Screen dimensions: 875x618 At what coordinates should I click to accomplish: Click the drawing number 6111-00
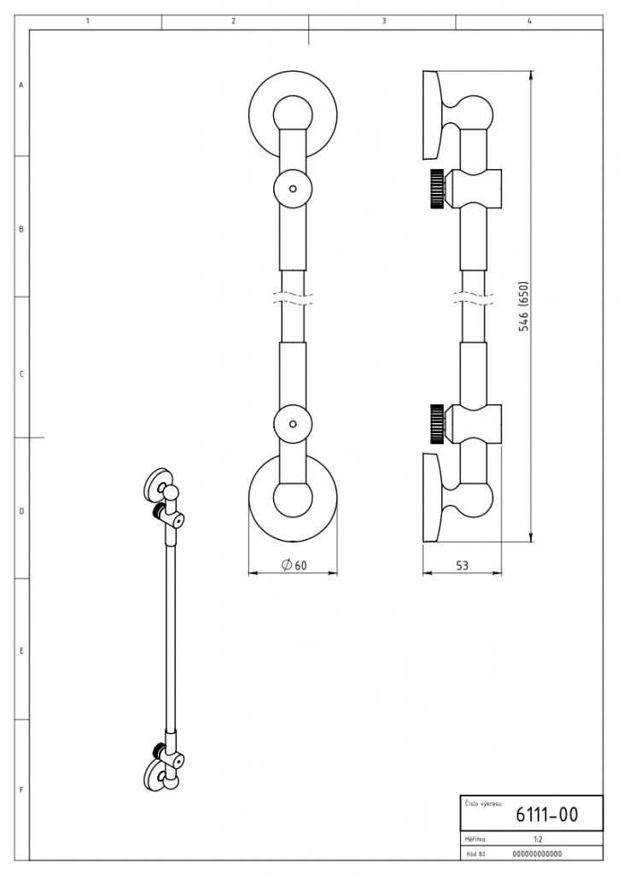pyautogui.click(x=546, y=814)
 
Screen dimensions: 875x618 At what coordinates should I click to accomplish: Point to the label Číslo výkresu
pyautogui.click(x=483, y=803)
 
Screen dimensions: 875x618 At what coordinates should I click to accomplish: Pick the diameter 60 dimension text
pyautogui.click(x=294, y=564)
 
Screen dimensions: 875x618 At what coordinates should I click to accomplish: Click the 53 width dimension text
pyautogui.click(x=463, y=565)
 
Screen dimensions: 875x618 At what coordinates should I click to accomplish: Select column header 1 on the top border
pyautogui.click(x=88, y=21)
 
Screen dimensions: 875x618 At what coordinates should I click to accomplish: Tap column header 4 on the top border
pyautogui.click(x=529, y=21)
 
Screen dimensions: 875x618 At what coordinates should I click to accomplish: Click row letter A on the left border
pyautogui.click(x=20, y=85)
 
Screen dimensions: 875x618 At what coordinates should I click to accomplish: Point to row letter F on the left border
pyautogui.click(x=20, y=790)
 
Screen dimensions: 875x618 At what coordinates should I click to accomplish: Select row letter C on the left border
pyautogui.click(x=20, y=373)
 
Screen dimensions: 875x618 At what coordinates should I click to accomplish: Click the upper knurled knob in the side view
pyautogui.click(x=437, y=189)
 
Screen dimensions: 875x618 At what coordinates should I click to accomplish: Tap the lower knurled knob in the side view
pyautogui.click(x=437, y=421)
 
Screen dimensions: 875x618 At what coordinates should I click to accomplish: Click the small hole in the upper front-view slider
pyautogui.click(x=293, y=188)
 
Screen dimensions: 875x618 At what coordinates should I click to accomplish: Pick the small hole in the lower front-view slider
pyautogui.click(x=293, y=424)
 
